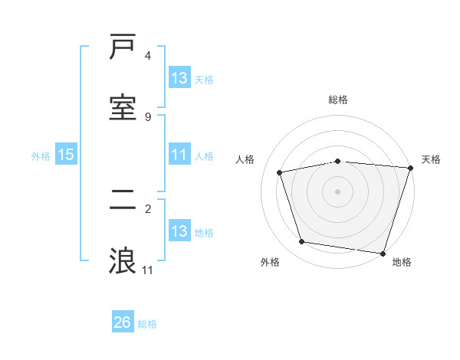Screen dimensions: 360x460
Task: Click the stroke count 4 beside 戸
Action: pyautogui.click(x=148, y=56)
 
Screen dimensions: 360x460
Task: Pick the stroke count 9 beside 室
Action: pyautogui.click(x=148, y=116)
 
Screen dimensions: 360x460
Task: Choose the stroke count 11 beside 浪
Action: pyautogui.click(x=148, y=270)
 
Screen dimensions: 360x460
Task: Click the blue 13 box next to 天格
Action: pyautogui.click(x=179, y=78)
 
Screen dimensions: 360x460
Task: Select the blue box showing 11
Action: pyautogui.click(x=179, y=155)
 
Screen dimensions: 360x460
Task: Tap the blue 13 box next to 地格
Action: pyautogui.click(x=179, y=231)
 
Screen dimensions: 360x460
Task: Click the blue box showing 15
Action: pyautogui.click(x=66, y=155)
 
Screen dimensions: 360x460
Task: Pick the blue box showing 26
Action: pyautogui.click(x=123, y=322)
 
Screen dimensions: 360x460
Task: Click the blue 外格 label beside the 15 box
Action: pyautogui.click(x=41, y=156)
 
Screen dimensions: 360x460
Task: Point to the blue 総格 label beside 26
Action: pyautogui.click(x=147, y=324)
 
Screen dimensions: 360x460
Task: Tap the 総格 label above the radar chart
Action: pyautogui.click(x=338, y=100)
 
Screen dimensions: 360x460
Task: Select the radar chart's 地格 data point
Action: pyautogui.click(x=383, y=253)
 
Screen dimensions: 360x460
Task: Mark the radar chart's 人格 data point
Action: pyautogui.click(x=280, y=172)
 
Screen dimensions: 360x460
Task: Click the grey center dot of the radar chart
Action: pyautogui.click(x=338, y=191)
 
